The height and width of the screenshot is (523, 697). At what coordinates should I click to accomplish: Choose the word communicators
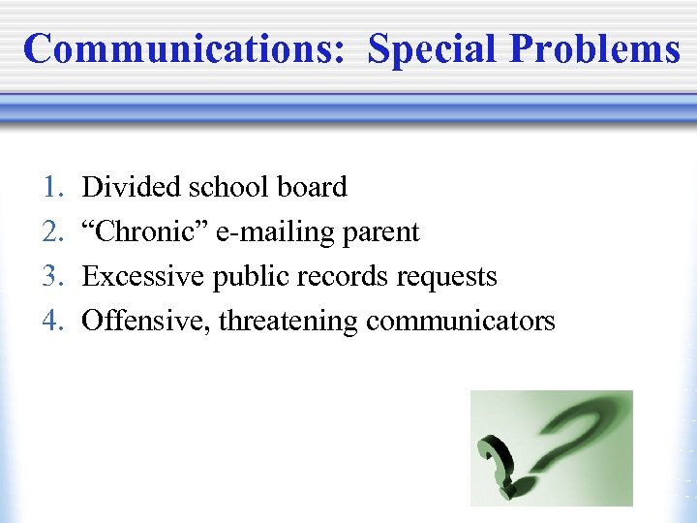pyautogui.click(x=460, y=321)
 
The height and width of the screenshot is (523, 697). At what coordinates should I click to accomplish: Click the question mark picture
pyautogui.click(x=551, y=447)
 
